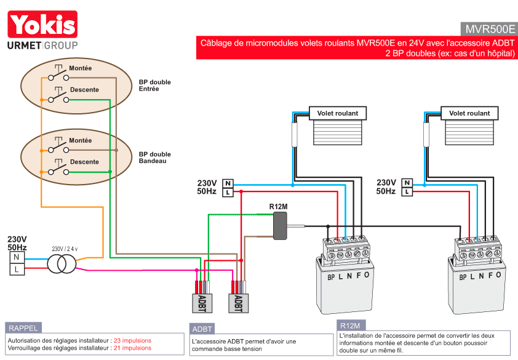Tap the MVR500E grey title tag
click(489, 29)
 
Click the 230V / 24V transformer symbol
click(63, 263)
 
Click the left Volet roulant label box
click(337, 113)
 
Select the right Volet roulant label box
click(469, 113)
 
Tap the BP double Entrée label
click(154, 86)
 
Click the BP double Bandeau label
click(154, 158)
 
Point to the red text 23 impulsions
click(132, 340)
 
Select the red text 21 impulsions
click(132, 348)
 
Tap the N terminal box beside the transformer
click(17, 257)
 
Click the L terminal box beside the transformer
click(17, 269)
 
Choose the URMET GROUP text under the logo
click(42, 46)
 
